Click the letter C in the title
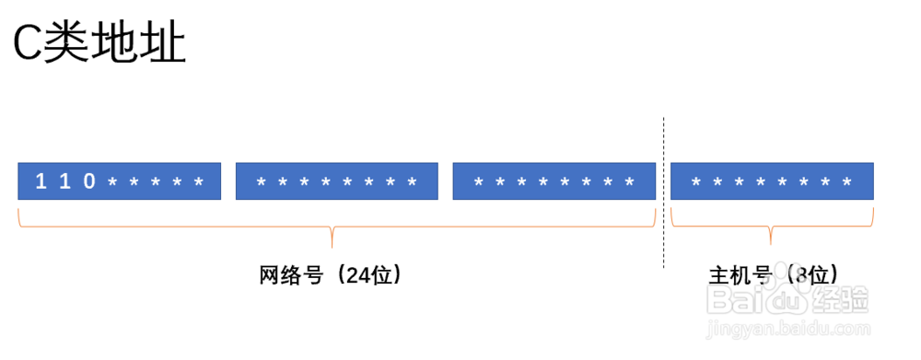click(x=28, y=44)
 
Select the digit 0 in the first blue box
click(x=89, y=181)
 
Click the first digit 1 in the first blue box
click(x=41, y=181)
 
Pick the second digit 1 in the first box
click(x=64, y=181)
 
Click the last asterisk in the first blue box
click(x=198, y=182)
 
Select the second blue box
click(x=336, y=181)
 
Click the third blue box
click(x=554, y=181)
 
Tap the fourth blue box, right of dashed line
click(x=772, y=181)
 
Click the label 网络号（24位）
click(x=331, y=274)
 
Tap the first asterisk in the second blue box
click(x=260, y=182)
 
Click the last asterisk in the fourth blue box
click(x=848, y=182)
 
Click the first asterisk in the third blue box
click(x=477, y=182)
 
